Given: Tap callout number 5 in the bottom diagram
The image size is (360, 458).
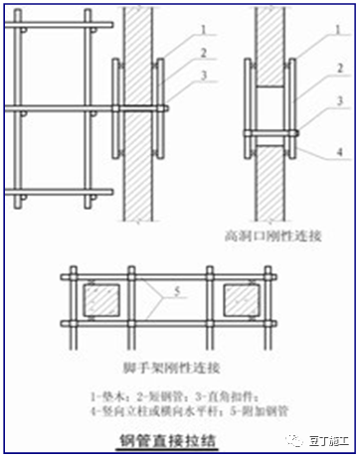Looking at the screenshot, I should tap(181, 292).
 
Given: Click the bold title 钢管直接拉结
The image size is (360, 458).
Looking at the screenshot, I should tap(181, 436).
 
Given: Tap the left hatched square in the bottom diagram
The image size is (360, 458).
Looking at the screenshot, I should tap(102, 297).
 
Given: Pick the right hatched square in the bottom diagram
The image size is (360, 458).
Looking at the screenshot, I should tap(243, 297).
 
